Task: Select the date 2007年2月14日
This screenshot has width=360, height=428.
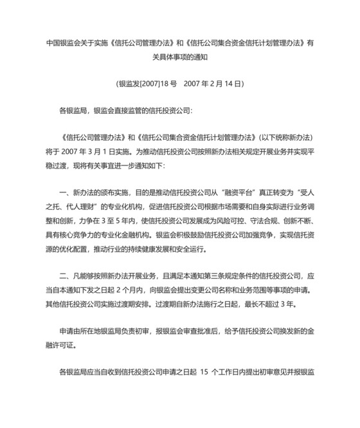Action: coord(213,84)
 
